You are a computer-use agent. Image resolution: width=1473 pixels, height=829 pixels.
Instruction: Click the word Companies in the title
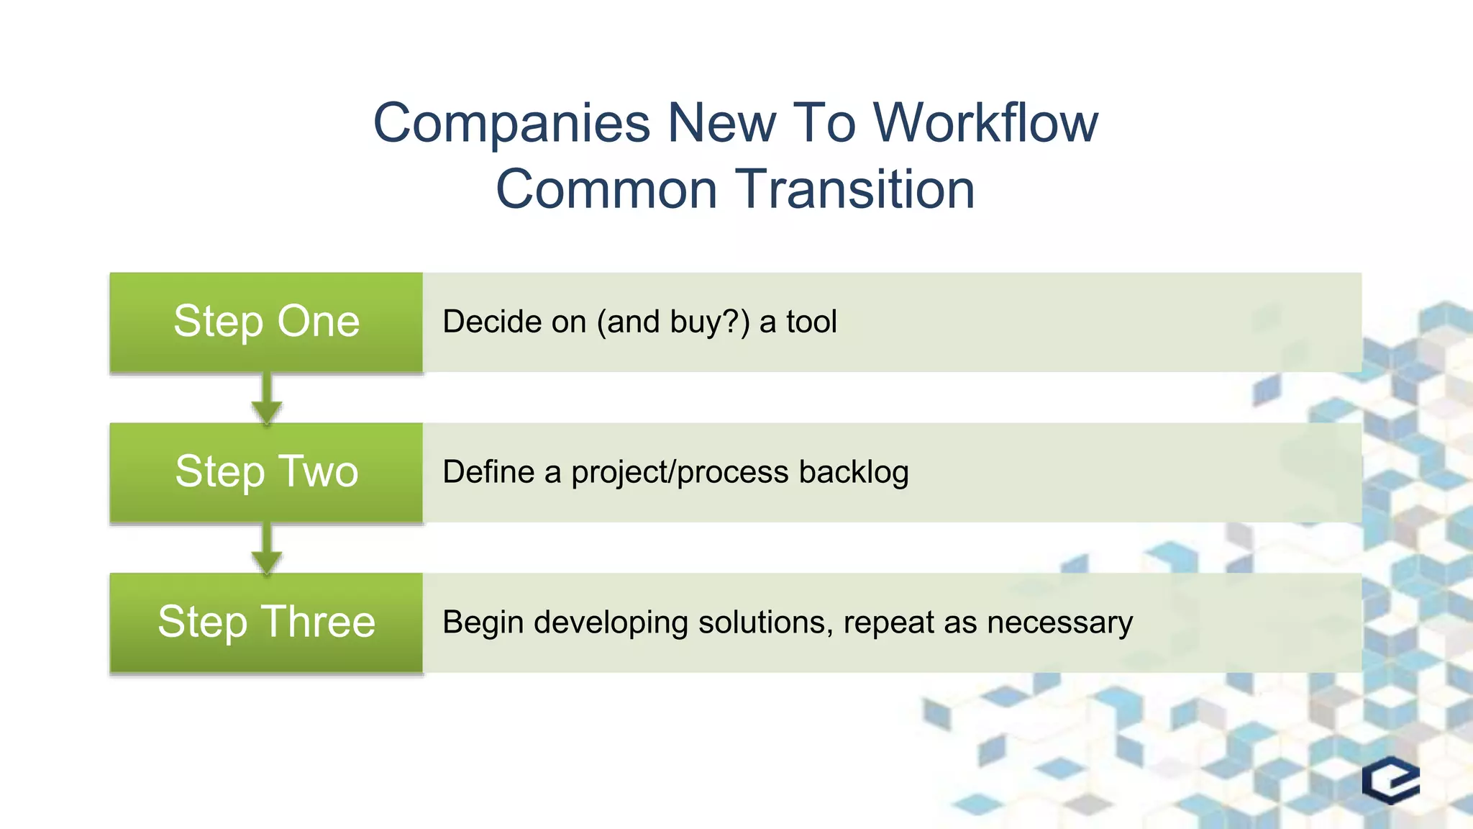tap(511, 123)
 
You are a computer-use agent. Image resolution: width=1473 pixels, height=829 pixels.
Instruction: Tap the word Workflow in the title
tap(985, 123)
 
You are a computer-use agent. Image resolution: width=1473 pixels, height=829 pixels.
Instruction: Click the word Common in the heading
tap(606, 189)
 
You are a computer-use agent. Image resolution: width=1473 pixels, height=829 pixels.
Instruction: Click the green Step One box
tap(266, 322)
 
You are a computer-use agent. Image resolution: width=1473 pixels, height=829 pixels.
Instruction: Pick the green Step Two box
tap(266, 472)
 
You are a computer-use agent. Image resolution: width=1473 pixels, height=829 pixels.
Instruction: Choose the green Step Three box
tap(266, 622)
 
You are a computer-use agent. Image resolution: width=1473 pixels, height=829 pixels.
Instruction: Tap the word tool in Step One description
tap(811, 322)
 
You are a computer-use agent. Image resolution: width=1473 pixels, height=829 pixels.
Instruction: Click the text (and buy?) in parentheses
tap(673, 322)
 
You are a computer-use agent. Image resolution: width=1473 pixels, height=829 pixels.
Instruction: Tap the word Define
tap(488, 472)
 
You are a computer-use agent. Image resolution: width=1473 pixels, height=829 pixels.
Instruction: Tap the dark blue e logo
tap(1390, 780)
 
